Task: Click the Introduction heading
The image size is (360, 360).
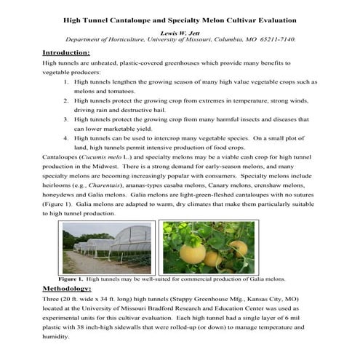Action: tap(66, 53)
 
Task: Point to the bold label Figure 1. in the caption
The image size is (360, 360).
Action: tap(71, 279)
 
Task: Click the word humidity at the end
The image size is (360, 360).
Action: tap(57, 337)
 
